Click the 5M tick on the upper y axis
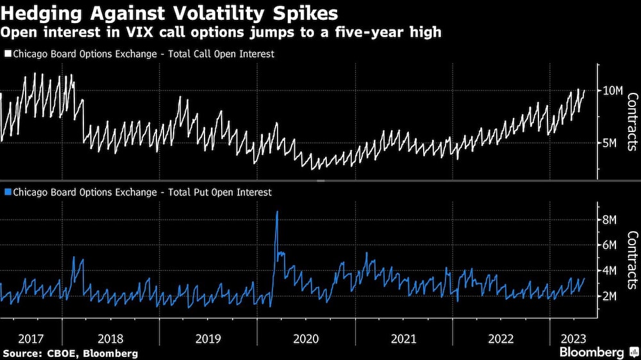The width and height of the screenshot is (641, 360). (610, 143)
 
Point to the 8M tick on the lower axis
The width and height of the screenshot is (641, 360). (610, 220)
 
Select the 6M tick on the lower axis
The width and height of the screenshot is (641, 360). (610, 245)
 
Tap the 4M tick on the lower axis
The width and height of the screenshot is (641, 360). (610, 270)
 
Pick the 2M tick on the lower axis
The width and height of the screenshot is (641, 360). (610, 296)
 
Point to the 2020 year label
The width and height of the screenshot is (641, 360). (305, 339)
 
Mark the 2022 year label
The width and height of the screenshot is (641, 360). (501, 339)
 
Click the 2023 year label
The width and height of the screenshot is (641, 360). (572, 339)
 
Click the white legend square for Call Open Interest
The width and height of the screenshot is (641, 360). (8, 54)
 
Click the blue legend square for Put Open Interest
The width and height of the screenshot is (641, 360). (8, 192)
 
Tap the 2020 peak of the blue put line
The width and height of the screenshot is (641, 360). (277, 212)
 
